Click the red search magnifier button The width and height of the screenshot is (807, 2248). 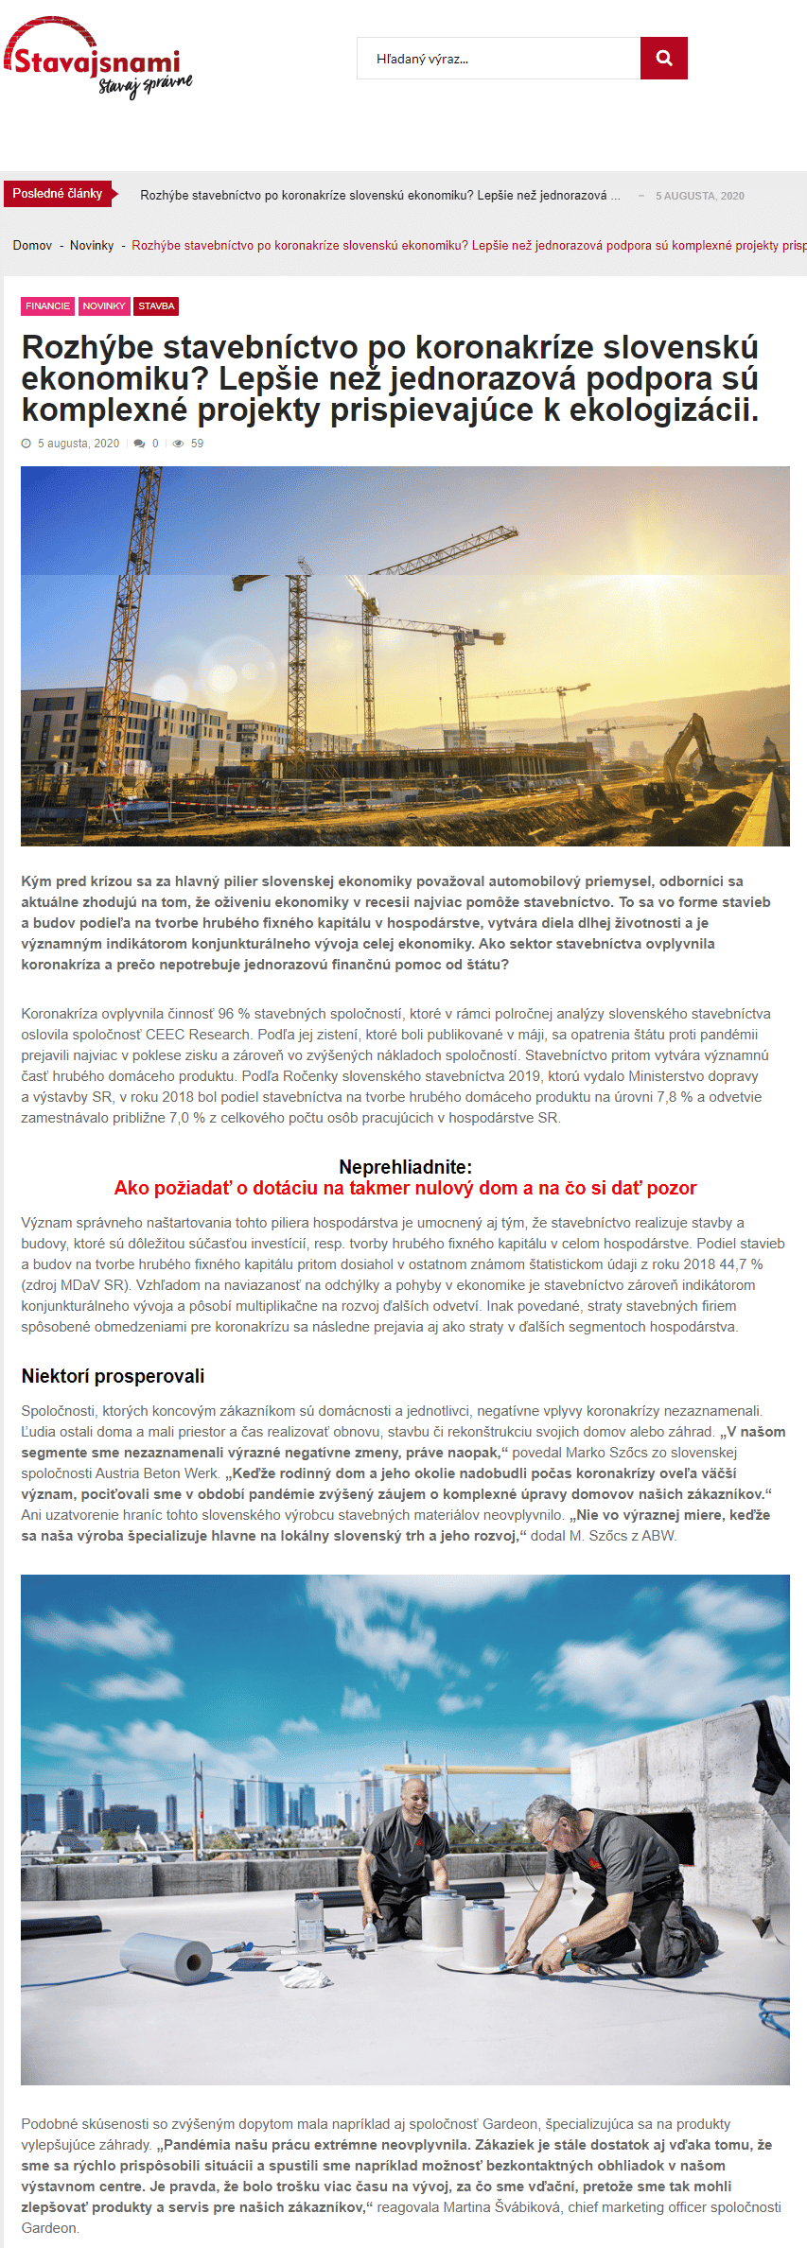pos(663,59)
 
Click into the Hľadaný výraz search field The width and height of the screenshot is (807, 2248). pos(498,59)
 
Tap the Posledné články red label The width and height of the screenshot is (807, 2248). pos(58,194)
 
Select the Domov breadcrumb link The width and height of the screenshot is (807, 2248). pos(32,246)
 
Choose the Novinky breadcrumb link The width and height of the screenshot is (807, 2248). pos(92,246)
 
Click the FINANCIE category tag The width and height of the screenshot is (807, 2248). pos(47,306)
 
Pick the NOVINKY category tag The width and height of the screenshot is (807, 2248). pos(104,306)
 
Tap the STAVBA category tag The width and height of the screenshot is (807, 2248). pos(156,306)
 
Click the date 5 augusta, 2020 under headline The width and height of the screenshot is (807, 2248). pos(79,444)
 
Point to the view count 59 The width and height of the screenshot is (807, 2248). pos(197,444)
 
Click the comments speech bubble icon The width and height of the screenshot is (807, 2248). pos(140,444)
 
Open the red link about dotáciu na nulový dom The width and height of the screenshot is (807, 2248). pos(405,1189)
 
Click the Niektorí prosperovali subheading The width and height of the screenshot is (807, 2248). pos(113,1376)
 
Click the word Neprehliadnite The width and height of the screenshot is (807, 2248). pos(405,1167)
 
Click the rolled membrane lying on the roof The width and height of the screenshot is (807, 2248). pos(167,1957)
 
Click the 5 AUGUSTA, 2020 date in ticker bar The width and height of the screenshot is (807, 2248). pos(699,196)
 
